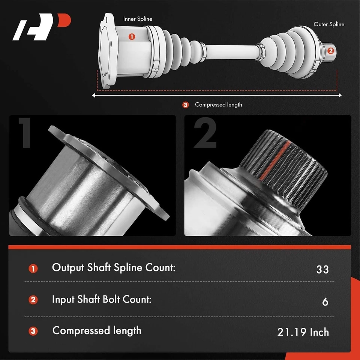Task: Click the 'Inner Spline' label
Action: tap(138, 19)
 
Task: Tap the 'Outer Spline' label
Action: tap(329, 24)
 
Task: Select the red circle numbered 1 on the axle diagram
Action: tap(132, 36)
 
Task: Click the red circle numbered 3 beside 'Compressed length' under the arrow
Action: tap(185, 105)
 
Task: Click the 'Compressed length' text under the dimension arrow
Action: tap(218, 105)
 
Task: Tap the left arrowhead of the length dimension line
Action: tap(94, 96)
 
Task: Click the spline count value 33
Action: tap(322, 269)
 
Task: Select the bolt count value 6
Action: tap(325, 301)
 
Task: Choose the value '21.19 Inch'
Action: tap(303, 332)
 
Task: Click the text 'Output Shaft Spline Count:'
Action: tap(114, 268)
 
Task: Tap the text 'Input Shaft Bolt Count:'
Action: tap(102, 300)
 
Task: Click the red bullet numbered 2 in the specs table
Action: tap(33, 300)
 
